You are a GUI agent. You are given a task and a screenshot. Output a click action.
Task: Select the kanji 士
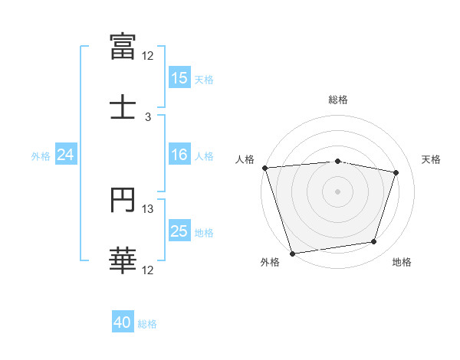pyautogui.click(x=123, y=106)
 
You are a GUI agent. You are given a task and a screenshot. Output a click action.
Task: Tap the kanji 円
pyautogui.click(x=123, y=200)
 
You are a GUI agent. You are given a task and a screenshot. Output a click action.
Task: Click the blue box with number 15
pyautogui.click(x=179, y=78)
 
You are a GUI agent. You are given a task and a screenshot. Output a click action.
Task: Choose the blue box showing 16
pyautogui.click(x=179, y=155)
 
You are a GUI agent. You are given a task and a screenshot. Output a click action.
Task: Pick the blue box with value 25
pyautogui.click(x=179, y=231)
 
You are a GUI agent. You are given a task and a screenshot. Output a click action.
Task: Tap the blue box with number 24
pyautogui.click(x=66, y=155)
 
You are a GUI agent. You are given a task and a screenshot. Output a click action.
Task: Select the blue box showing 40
pyautogui.click(x=123, y=323)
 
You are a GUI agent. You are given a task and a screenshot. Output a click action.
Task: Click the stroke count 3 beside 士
pyautogui.click(x=148, y=117)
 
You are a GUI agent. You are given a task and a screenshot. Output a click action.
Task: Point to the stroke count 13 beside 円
pyautogui.click(x=148, y=209)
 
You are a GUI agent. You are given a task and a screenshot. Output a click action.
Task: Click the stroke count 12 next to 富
pyautogui.click(x=148, y=56)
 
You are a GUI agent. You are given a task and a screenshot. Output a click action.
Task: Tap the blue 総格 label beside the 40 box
pyautogui.click(x=147, y=324)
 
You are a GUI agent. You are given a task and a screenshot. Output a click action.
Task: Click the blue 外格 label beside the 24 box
pyautogui.click(x=41, y=156)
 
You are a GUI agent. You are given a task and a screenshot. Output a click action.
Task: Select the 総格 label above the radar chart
pyautogui.click(x=337, y=100)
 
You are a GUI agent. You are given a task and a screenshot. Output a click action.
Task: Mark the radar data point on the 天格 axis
pyautogui.click(x=396, y=172)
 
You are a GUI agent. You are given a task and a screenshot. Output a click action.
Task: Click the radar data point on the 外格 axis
pyautogui.click(x=292, y=253)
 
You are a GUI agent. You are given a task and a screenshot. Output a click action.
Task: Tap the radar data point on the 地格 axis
pyautogui.click(x=374, y=242)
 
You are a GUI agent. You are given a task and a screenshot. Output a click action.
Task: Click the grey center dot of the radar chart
pyautogui.click(x=337, y=191)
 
